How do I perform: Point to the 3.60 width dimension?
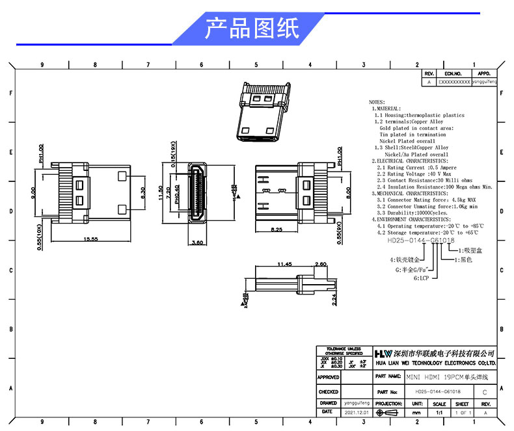(x=199, y=242)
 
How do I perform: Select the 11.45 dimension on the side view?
(x=284, y=265)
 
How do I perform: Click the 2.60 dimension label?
(x=320, y=265)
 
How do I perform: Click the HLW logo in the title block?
(x=383, y=352)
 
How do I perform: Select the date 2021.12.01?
(x=356, y=413)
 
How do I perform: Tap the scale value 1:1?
(x=439, y=413)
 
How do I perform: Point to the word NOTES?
(x=377, y=103)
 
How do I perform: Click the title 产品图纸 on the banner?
(x=252, y=29)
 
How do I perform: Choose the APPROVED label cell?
(x=329, y=377)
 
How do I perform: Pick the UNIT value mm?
(x=416, y=413)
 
